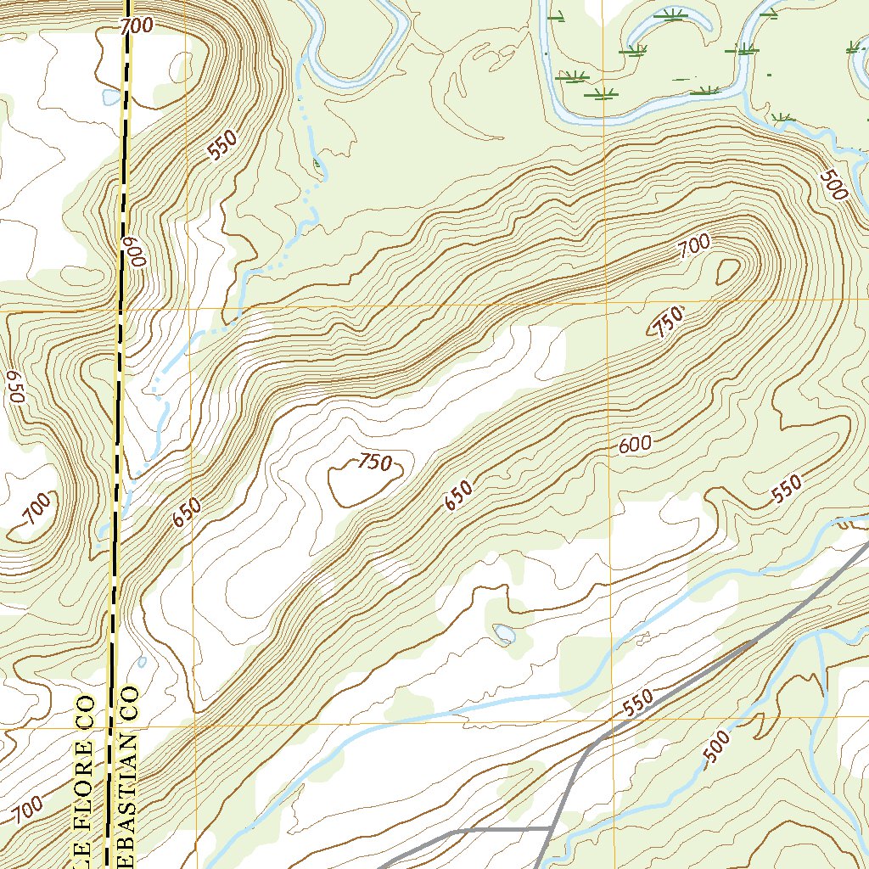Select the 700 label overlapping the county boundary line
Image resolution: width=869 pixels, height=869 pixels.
[x=136, y=26]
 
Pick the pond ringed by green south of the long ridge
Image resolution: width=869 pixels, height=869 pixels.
[x=504, y=633]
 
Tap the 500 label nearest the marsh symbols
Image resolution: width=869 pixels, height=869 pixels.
[x=833, y=185]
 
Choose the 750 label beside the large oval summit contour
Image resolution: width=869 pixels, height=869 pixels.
[x=373, y=463]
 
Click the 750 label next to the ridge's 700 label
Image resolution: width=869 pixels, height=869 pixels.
[x=667, y=322]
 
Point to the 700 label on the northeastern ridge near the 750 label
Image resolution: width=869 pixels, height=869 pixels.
[x=693, y=248]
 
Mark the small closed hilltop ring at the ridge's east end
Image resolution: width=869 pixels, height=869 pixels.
[x=728, y=271]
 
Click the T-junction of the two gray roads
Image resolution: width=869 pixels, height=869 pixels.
[x=553, y=827]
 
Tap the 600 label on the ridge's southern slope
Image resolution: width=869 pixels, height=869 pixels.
[x=635, y=444]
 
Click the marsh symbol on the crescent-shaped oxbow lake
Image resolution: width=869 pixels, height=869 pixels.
[x=672, y=14]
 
